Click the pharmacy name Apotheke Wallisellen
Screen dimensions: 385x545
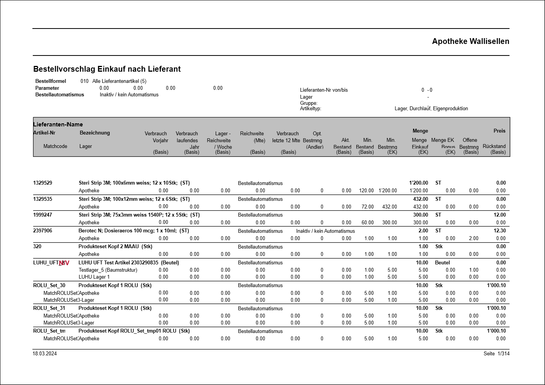[470, 41]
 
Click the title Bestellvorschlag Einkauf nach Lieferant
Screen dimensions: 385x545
[107, 69]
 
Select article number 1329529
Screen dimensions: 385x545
[42, 183]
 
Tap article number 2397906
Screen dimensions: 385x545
[42, 230]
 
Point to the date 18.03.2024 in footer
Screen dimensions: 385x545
[44, 353]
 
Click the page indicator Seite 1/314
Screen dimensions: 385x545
[496, 353]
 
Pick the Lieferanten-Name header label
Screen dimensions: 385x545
[58, 124]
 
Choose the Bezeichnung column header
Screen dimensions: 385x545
[94, 133]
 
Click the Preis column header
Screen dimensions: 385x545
[499, 131]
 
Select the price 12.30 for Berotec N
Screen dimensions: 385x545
[499, 230]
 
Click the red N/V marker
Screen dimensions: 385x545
[64, 263]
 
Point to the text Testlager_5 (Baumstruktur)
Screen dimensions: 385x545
[108, 270]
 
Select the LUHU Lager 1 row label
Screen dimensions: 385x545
[94, 277]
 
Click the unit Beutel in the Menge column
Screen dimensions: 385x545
[442, 262]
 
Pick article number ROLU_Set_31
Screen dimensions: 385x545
[49, 308]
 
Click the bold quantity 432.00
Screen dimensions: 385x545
[420, 199]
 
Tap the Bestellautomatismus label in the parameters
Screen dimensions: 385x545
[59, 94]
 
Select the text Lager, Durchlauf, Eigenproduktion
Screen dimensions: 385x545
[431, 108]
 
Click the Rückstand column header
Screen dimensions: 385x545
[494, 146]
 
